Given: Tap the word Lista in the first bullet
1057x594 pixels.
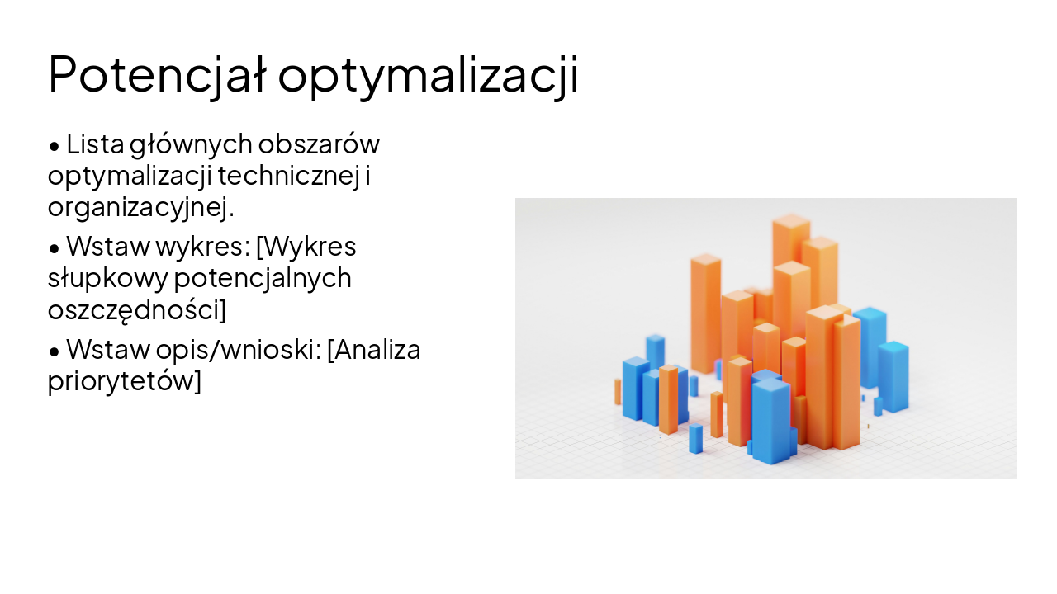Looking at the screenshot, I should point(95,144).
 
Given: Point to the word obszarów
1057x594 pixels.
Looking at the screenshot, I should point(319,144).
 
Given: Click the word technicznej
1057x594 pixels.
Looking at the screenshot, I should point(288,176).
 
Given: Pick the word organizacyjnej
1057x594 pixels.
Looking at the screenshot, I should point(140,207).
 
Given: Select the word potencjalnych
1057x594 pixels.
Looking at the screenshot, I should point(263,279).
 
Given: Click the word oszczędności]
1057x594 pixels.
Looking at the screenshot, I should point(136,310).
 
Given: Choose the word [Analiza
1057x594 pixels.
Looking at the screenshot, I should point(374,350).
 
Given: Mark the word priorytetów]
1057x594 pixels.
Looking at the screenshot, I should point(124,382).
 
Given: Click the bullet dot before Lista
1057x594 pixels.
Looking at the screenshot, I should point(55,146).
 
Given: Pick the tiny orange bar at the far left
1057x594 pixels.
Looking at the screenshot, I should point(617,392).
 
